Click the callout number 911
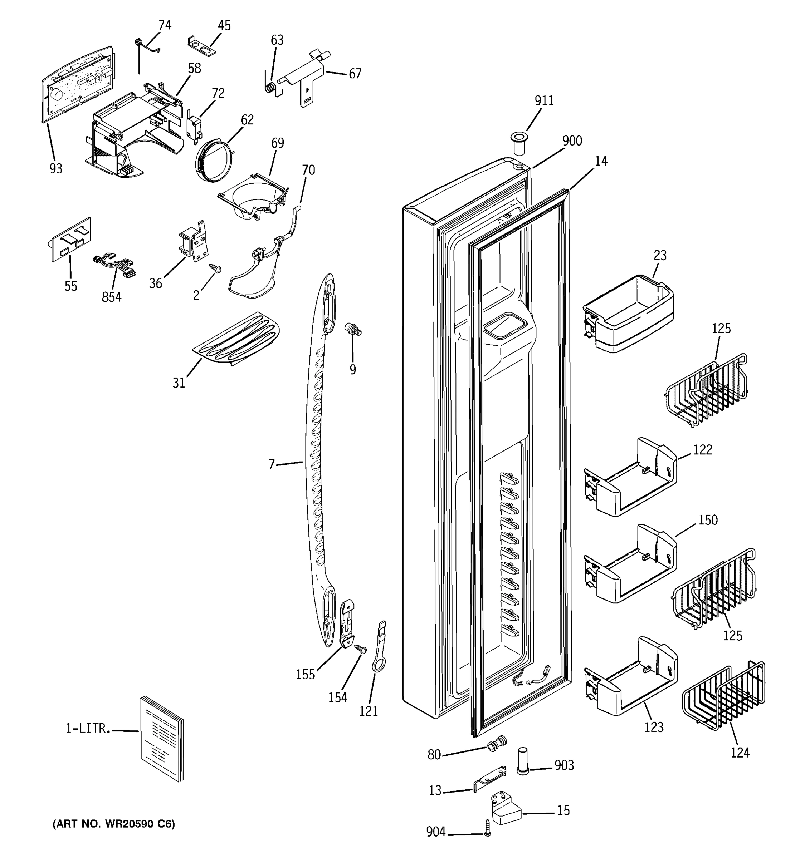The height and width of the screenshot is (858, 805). click(544, 100)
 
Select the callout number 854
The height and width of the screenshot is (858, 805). click(111, 297)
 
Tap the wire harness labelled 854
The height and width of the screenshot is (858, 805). click(114, 267)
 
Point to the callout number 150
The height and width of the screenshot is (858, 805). click(708, 520)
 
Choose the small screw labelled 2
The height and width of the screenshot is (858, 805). click(215, 268)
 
